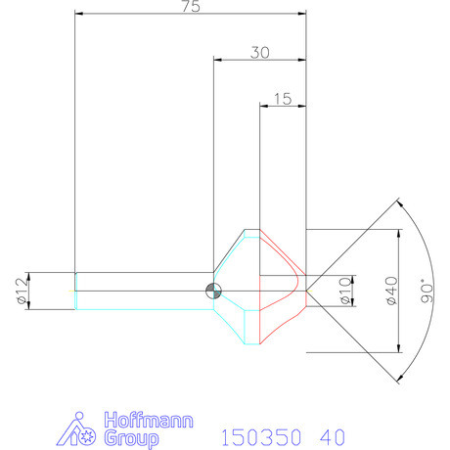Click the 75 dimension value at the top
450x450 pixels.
click(x=190, y=7)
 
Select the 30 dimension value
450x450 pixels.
click(x=259, y=54)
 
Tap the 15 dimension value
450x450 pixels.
click(x=283, y=98)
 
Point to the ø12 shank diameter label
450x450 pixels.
click(x=22, y=291)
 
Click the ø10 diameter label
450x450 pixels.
click(x=343, y=291)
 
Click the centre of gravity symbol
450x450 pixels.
click(x=213, y=291)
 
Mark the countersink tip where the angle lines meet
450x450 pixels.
click(x=307, y=291)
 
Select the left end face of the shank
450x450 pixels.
click(x=75, y=291)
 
